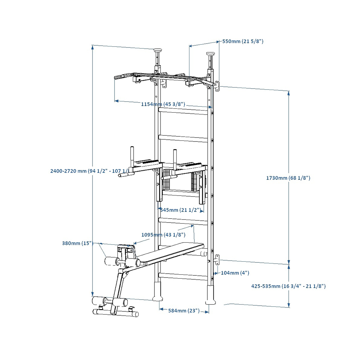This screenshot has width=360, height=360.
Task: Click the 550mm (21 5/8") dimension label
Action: (243, 41)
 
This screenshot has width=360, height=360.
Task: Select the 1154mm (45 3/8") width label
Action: (163, 104)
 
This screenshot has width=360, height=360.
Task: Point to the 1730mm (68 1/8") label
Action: (288, 178)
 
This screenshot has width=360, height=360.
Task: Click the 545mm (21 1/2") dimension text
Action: (180, 210)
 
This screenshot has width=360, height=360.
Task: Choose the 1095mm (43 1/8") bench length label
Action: (163, 235)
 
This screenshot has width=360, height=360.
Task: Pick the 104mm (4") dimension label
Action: (235, 273)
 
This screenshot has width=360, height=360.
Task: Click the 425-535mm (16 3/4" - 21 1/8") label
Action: (288, 286)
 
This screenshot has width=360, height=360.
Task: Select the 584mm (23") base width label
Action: (184, 311)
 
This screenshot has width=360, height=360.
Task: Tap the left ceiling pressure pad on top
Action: (157, 51)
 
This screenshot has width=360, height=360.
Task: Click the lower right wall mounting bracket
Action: (217, 260)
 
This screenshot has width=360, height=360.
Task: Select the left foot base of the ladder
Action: (157, 292)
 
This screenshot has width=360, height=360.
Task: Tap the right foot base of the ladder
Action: (210, 295)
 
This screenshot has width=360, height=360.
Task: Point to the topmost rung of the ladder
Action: (184, 112)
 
